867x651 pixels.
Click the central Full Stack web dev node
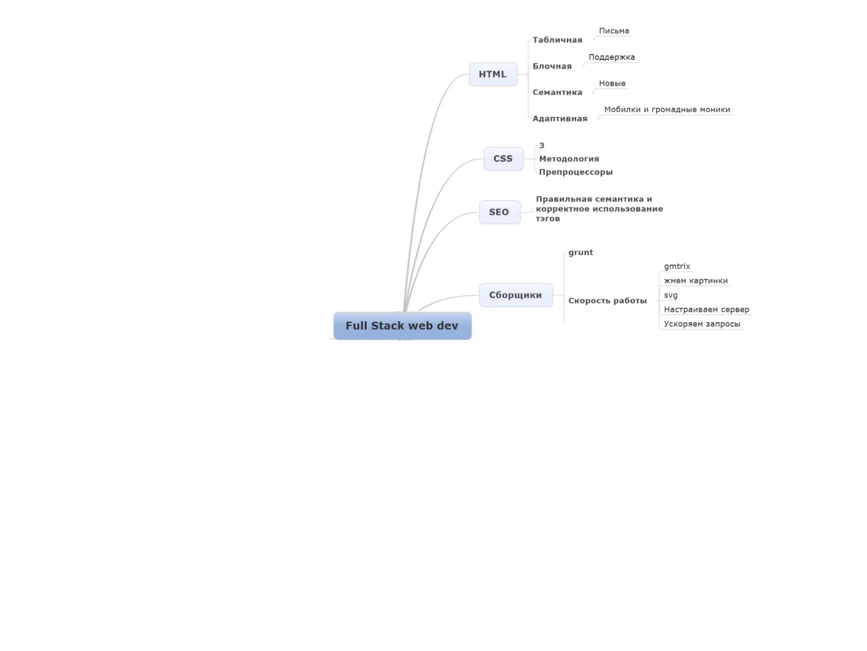tap(402, 325)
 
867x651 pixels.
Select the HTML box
tap(493, 74)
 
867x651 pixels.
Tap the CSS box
tap(503, 159)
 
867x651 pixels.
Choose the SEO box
tap(499, 212)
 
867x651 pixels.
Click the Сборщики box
tap(516, 295)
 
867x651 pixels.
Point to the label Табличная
tap(557, 40)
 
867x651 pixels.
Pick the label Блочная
tap(552, 66)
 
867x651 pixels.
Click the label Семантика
tap(557, 92)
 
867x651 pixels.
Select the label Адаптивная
tap(560, 119)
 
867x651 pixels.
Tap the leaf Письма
tap(614, 31)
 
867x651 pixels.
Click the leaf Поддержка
tap(612, 57)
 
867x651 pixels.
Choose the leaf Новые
tap(612, 83)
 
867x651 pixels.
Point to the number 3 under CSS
tap(541, 145)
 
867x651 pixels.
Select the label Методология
tap(569, 159)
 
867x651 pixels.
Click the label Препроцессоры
tap(576, 172)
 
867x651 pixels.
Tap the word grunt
tap(580, 253)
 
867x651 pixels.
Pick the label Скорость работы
tap(607, 300)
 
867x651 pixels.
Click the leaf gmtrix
tap(677, 266)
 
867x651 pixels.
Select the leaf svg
tap(671, 295)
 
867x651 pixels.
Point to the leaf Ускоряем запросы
tap(702, 324)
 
